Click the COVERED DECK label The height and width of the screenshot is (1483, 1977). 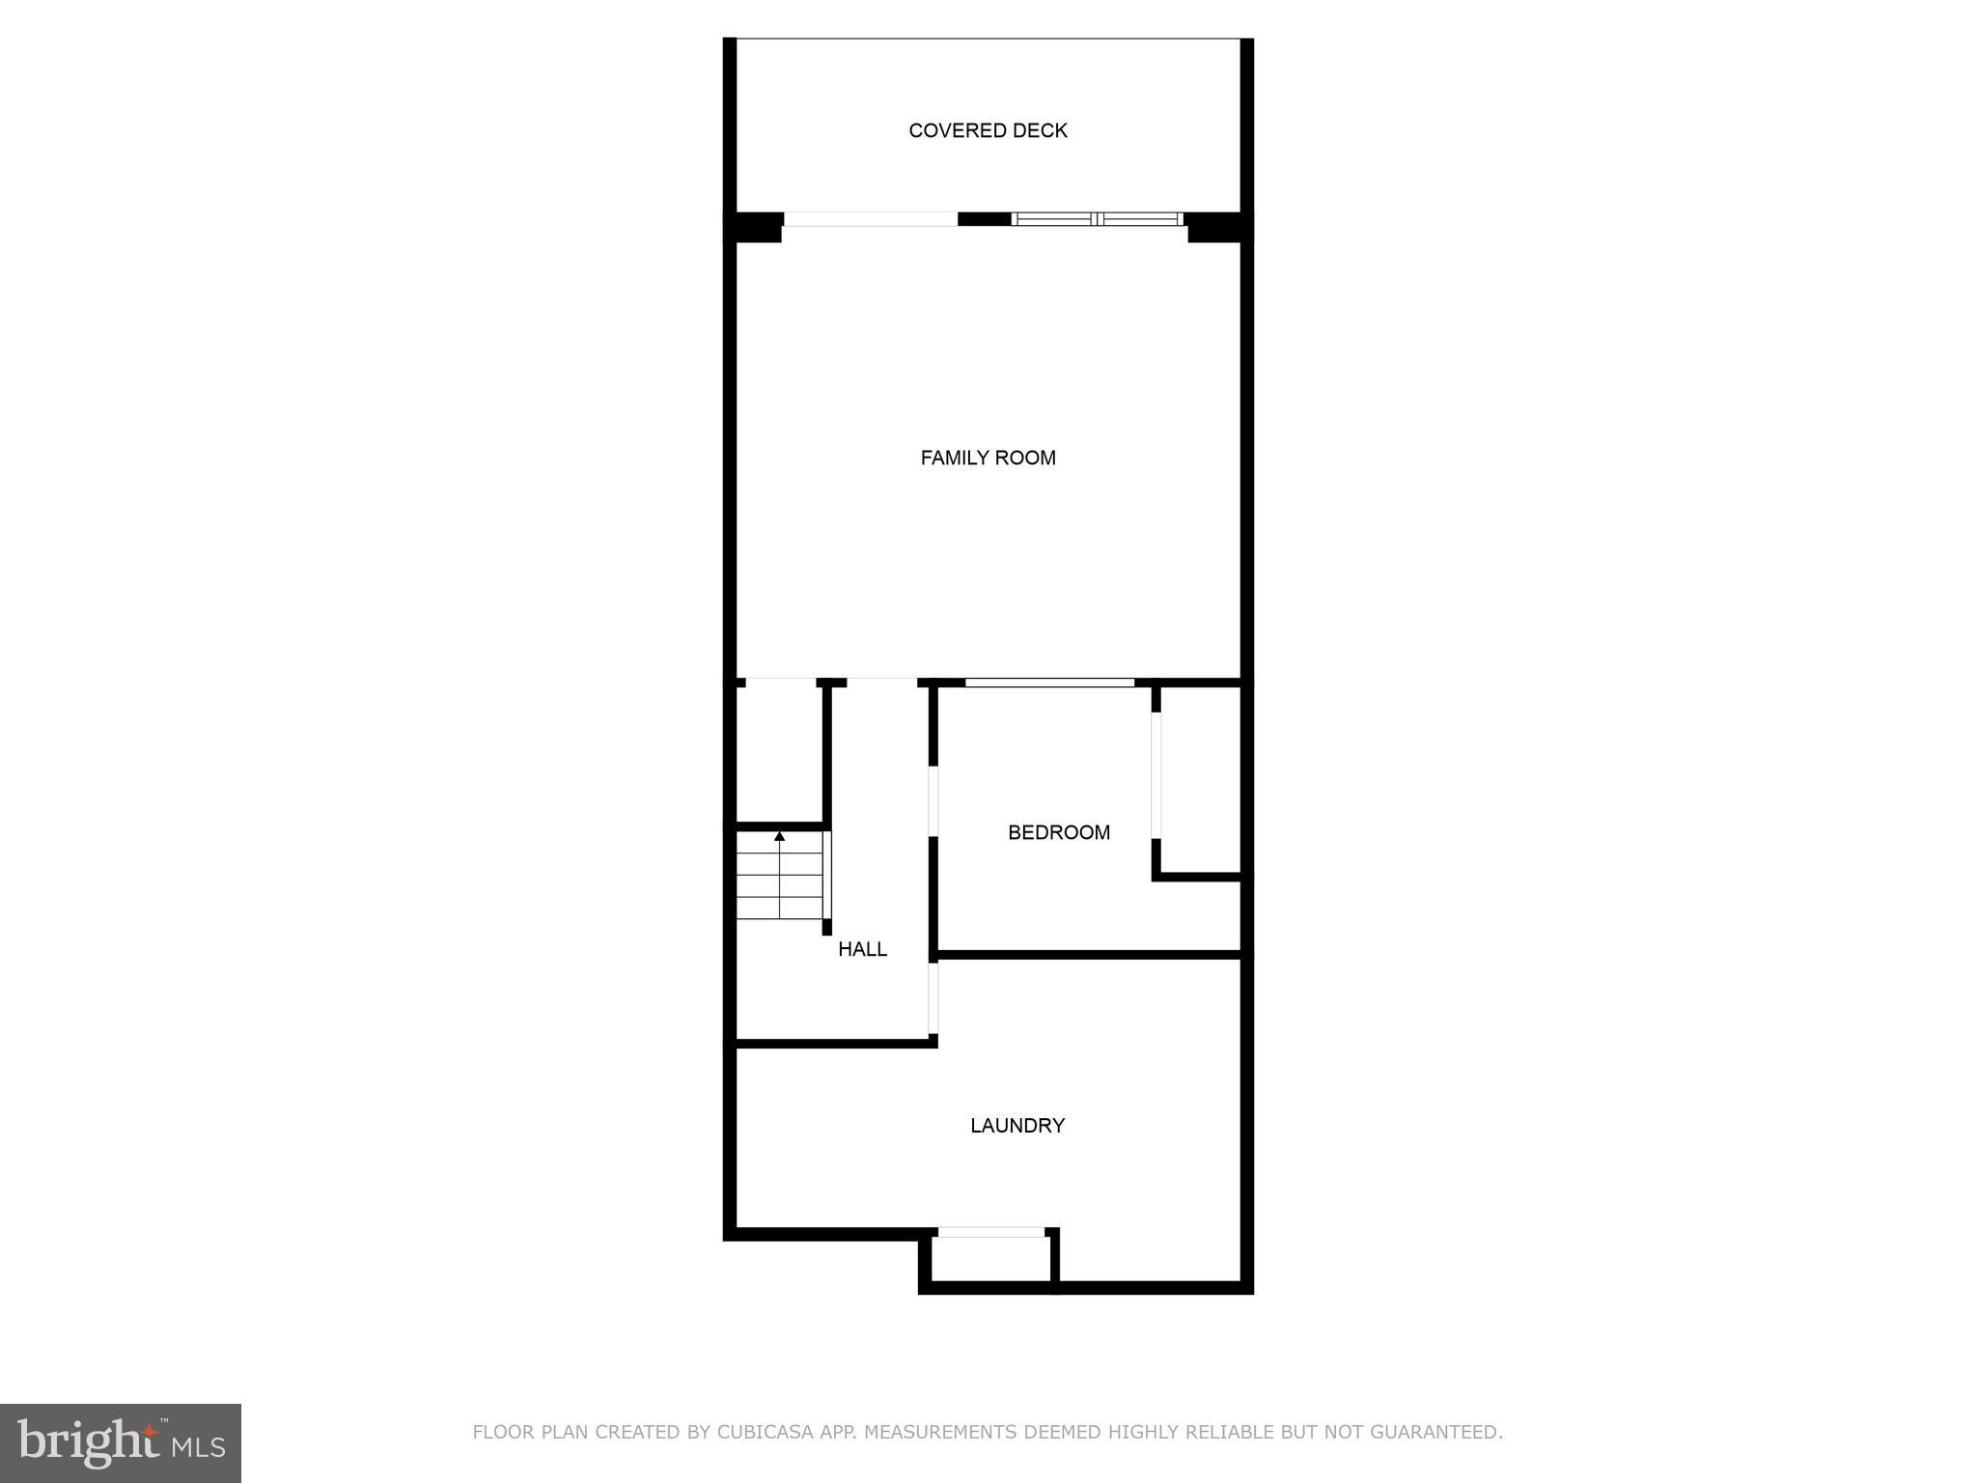988,130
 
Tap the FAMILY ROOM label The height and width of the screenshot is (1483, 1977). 988,458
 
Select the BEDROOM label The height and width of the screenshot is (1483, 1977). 1058,832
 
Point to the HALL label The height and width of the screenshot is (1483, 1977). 862,949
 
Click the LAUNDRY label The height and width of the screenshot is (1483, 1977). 1016,1125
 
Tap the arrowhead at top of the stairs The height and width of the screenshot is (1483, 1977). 780,836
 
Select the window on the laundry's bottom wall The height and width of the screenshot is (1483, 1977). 990,1232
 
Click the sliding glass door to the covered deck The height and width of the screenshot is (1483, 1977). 1097,219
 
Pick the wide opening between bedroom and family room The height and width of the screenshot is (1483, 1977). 1049,684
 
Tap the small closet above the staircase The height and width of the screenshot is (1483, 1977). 779,753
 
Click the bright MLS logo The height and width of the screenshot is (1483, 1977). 121,1443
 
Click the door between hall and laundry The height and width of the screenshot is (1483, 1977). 933,998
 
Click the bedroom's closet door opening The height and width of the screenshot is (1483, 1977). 1156,775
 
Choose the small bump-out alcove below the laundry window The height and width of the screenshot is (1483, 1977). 990,1259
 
